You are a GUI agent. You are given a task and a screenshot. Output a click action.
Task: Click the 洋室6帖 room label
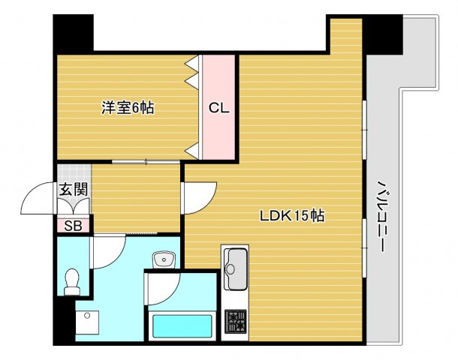tap(128, 108)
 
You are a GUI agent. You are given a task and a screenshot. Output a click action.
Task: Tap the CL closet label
tap(218, 108)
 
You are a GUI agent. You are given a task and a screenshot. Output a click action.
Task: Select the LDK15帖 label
tap(292, 216)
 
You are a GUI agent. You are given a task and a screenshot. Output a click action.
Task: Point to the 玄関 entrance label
tap(74, 190)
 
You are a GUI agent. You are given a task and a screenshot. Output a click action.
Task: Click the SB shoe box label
tap(73, 226)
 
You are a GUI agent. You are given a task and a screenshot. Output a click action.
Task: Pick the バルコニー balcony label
tap(382, 216)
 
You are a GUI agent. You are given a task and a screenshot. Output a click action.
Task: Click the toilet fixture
tap(72, 282)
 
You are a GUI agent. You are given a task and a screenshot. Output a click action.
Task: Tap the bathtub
tap(182, 325)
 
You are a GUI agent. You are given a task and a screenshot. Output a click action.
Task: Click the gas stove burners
tap(236, 321)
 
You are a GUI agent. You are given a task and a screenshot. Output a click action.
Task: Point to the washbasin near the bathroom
tap(164, 259)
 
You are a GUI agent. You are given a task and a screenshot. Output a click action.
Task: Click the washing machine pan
tap(87, 322)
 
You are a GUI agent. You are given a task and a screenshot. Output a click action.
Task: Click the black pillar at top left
tap(74, 34)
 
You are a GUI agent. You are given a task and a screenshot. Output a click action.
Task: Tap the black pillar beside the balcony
tap(383, 34)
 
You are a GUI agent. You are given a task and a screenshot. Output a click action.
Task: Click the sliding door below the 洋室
tap(146, 161)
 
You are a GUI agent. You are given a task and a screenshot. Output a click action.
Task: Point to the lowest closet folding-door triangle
tap(193, 151)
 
